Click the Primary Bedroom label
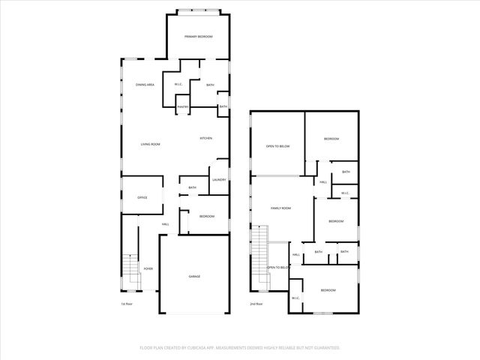click(x=199, y=37)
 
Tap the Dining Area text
click(x=145, y=85)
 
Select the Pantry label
click(x=182, y=107)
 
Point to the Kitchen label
click(x=205, y=138)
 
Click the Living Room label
click(x=151, y=144)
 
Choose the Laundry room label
click(x=219, y=179)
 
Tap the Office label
click(x=142, y=197)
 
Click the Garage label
click(x=194, y=276)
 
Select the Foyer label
click(x=148, y=268)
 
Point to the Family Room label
click(x=280, y=208)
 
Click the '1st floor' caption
click(x=127, y=304)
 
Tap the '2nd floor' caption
click(x=256, y=304)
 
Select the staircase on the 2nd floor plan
click(x=259, y=258)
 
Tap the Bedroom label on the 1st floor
click(x=206, y=216)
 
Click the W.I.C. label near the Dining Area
click(x=178, y=84)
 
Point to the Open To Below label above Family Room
click(x=277, y=146)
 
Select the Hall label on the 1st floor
click(x=165, y=224)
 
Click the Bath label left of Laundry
click(x=192, y=187)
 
